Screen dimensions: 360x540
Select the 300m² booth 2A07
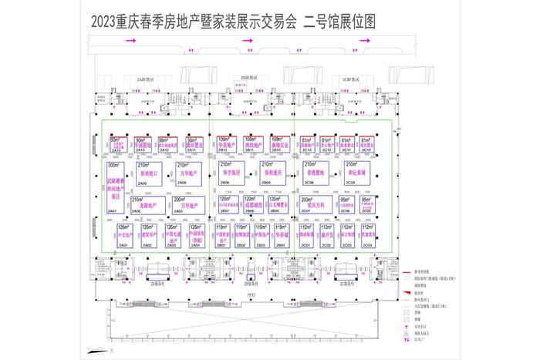pyautogui.click(x=114, y=187)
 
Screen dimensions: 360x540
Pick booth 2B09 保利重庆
pyautogui.click(x=275, y=174)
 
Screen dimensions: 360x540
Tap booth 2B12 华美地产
pyautogui.click(x=226, y=144)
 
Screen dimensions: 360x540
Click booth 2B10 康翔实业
pyautogui.click(x=281, y=144)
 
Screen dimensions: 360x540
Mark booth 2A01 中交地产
pyautogui.click(x=125, y=234)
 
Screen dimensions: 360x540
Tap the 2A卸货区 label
pyautogui.click(x=145, y=79)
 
